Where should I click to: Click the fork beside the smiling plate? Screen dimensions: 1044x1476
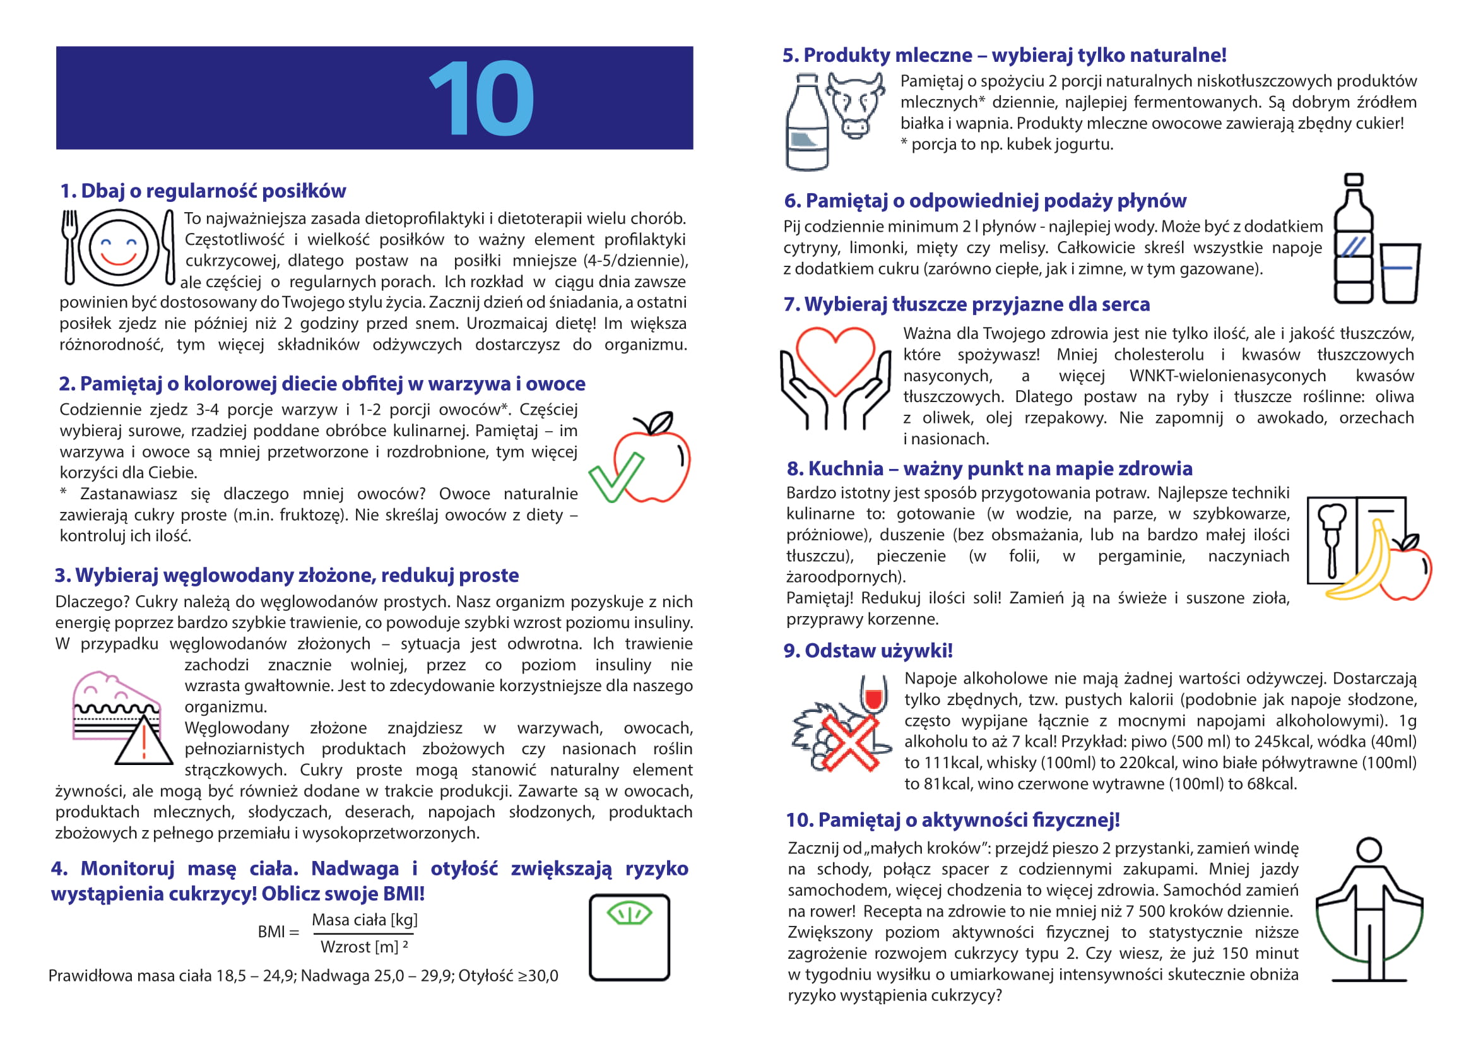pyautogui.click(x=69, y=247)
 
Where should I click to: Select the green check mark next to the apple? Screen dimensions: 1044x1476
pyautogui.click(x=615, y=478)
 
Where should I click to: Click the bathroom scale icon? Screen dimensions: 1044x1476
pyautogui.click(x=629, y=937)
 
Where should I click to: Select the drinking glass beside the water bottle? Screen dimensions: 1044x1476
pyautogui.click(x=1400, y=273)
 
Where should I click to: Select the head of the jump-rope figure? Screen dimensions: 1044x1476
pyautogui.click(x=1369, y=849)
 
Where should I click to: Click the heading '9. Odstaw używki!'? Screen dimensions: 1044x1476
pyautogui.click(x=867, y=651)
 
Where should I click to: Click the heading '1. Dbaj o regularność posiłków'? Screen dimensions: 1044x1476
pyautogui.click(x=203, y=191)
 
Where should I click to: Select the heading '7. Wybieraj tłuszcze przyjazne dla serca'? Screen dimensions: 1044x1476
pyautogui.click(x=966, y=304)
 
